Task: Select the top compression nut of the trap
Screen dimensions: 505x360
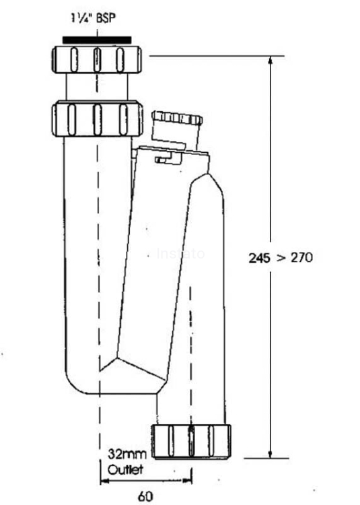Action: coord(96,59)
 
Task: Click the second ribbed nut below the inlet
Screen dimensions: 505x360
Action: coord(96,118)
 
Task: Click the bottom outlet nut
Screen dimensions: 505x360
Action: coord(192,440)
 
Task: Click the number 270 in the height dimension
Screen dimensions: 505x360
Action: coord(300,257)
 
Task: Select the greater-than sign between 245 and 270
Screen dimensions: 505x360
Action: coord(280,257)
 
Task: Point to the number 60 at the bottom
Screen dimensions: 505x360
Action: coord(144,497)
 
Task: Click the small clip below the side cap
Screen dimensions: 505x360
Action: coord(164,160)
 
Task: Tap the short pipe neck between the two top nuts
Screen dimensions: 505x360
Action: coord(96,86)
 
